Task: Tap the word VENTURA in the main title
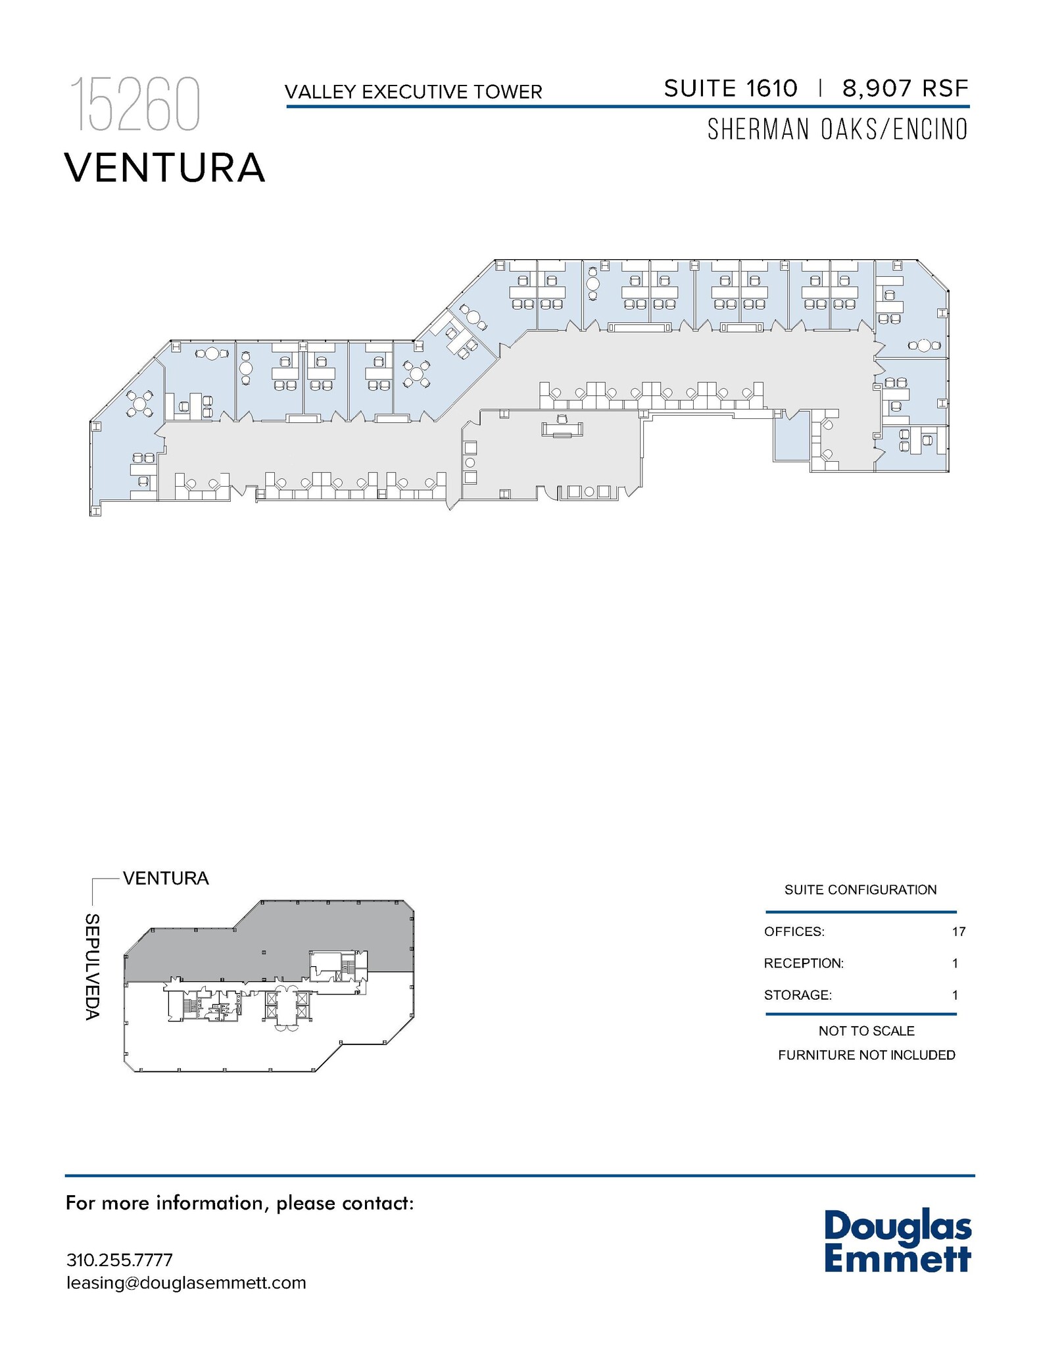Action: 165,168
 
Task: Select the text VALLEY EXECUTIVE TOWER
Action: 414,92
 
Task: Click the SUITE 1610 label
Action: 731,88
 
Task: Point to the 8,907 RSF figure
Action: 906,88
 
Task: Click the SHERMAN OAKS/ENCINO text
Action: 837,130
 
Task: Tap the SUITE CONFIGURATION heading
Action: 860,890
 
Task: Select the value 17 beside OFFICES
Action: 958,931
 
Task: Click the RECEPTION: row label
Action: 804,964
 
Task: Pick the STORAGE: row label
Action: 798,995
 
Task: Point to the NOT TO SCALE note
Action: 866,1031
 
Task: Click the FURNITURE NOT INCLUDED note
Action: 866,1055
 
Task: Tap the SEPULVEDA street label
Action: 93,966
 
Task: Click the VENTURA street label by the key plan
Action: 166,878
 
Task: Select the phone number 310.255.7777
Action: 120,1260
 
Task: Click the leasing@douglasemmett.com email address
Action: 186,1283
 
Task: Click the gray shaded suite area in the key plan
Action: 276,947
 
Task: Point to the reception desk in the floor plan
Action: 562,429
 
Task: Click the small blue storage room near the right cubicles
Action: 791,437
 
